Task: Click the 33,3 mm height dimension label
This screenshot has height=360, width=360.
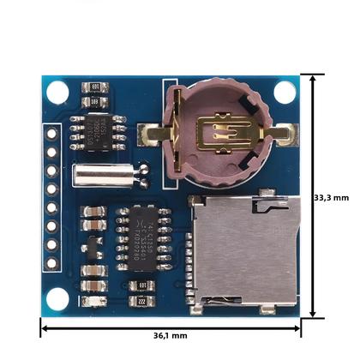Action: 332,197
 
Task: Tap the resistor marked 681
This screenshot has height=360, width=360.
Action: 96,87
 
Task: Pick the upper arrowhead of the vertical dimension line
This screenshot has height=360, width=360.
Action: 319,78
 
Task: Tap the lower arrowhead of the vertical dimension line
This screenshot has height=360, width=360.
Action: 319,313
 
